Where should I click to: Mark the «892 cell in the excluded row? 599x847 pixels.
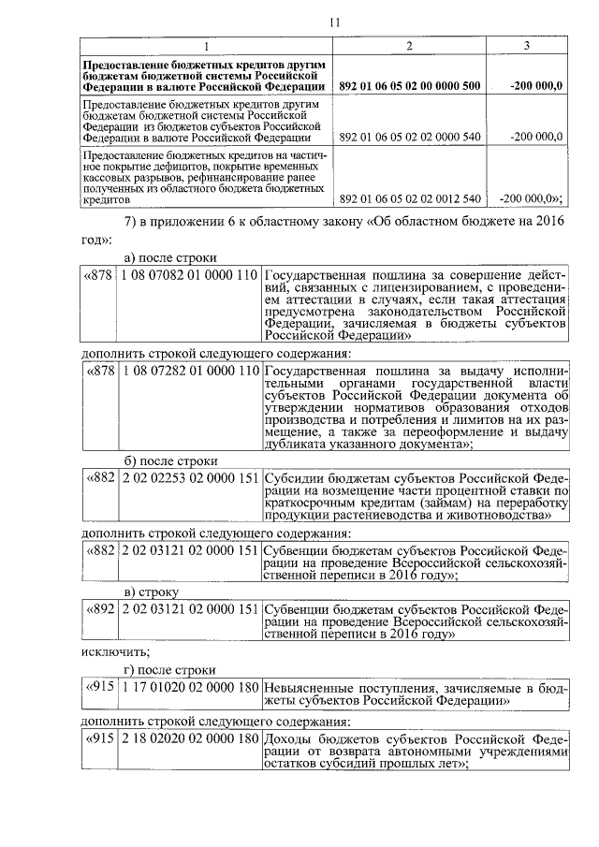(x=100, y=609)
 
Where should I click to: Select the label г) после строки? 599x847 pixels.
(x=169, y=669)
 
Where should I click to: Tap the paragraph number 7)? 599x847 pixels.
(x=133, y=221)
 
